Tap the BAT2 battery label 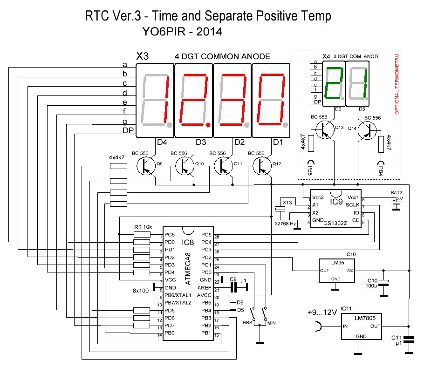397,192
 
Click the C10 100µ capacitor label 372,283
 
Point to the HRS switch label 248,323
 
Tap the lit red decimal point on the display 208,125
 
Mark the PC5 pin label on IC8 206,235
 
